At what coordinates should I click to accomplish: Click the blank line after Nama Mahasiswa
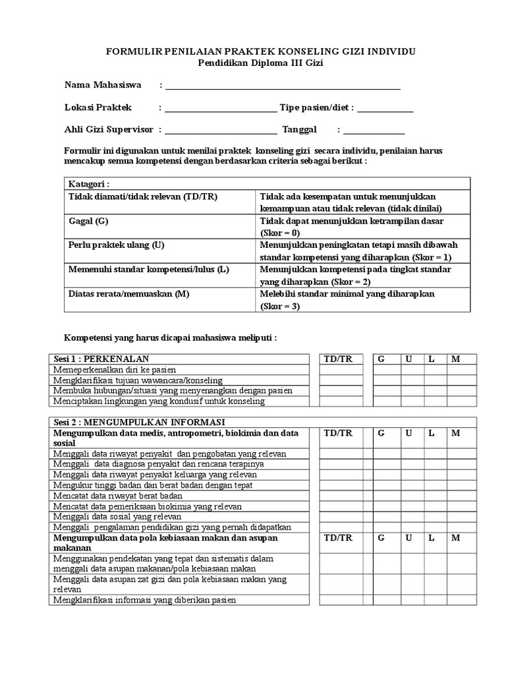coord(283,87)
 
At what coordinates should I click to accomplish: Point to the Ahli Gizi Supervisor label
coord(109,130)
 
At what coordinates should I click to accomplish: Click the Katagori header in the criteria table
coord(89,184)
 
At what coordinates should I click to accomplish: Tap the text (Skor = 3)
coord(280,306)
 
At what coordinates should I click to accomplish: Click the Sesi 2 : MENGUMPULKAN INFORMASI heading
coord(138,422)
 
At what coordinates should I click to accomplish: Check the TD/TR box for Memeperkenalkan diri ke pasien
coord(341,370)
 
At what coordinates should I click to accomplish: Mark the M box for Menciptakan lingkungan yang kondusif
coord(461,401)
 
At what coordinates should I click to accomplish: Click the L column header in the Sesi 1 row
coord(431,359)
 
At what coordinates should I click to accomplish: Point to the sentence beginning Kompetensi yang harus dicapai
coord(170,337)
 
